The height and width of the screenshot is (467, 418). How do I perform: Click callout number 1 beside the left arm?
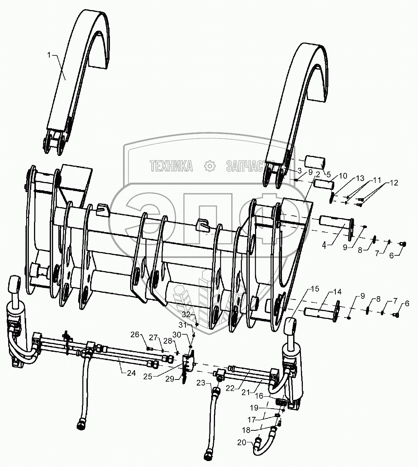tap(49, 55)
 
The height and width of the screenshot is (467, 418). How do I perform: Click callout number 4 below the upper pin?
tap(325, 246)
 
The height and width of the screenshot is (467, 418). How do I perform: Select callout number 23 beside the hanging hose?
tap(201, 382)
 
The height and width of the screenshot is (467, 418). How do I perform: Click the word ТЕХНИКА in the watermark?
tap(172, 166)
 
